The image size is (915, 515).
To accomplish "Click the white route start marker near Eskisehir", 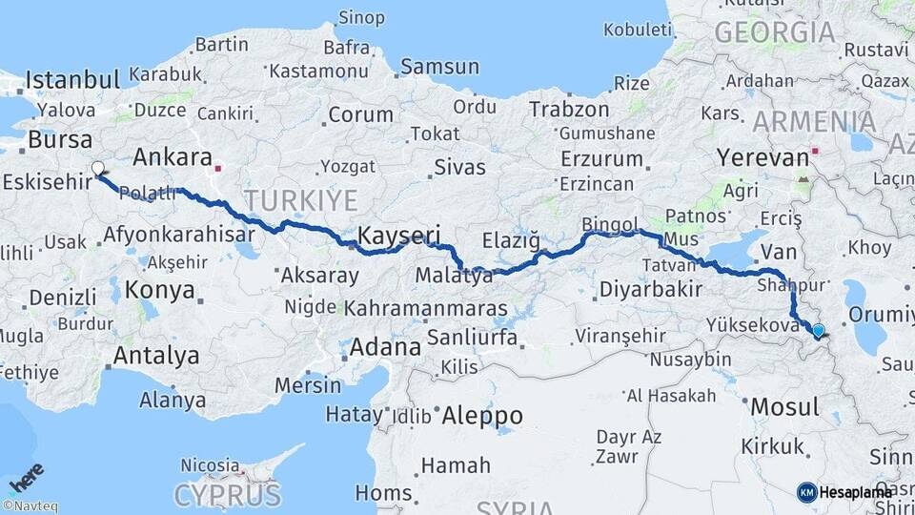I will (x=97, y=169).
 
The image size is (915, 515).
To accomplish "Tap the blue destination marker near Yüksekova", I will (x=818, y=331).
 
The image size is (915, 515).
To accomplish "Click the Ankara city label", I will (x=173, y=156).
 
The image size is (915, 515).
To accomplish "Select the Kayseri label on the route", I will (x=398, y=235).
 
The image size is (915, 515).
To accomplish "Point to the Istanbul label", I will (x=72, y=79).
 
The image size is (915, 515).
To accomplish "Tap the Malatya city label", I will (x=454, y=277).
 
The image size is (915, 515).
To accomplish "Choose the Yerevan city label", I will (x=762, y=157).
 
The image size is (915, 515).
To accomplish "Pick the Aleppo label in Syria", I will (x=481, y=416).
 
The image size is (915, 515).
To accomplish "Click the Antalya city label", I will (x=156, y=356).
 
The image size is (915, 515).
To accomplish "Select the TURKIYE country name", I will (x=301, y=200).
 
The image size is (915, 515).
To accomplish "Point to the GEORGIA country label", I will (x=774, y=32).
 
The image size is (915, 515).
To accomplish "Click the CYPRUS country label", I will (x=227, y=496).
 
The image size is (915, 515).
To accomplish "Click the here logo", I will (x=26, y=477).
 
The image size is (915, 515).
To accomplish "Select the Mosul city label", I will (x=784, y=407).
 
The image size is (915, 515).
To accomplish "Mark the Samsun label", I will (x=439, y=67).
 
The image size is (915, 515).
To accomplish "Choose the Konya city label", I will (x=160, y=290).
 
